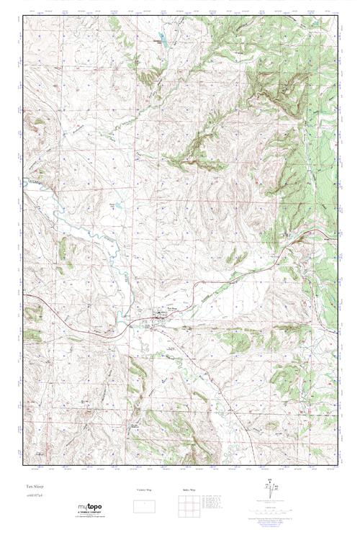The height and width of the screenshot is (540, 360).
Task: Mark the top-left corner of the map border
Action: point(24,16)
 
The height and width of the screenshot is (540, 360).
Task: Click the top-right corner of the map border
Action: point(337,16)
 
